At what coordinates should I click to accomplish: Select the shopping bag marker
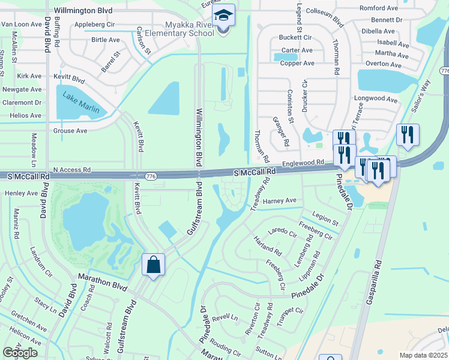point(153,264)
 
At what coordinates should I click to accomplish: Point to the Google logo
point(20,353)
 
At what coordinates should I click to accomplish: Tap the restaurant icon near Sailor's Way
point(408,134)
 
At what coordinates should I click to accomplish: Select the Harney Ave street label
point(280,200)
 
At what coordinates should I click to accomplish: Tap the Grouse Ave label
point(70,131)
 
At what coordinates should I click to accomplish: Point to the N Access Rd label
point(71,170)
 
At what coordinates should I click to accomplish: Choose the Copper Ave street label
point(298,63)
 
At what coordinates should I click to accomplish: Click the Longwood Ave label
point(376,100)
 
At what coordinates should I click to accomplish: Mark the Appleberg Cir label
point(95,25)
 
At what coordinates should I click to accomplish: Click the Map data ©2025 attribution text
point(423,355)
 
